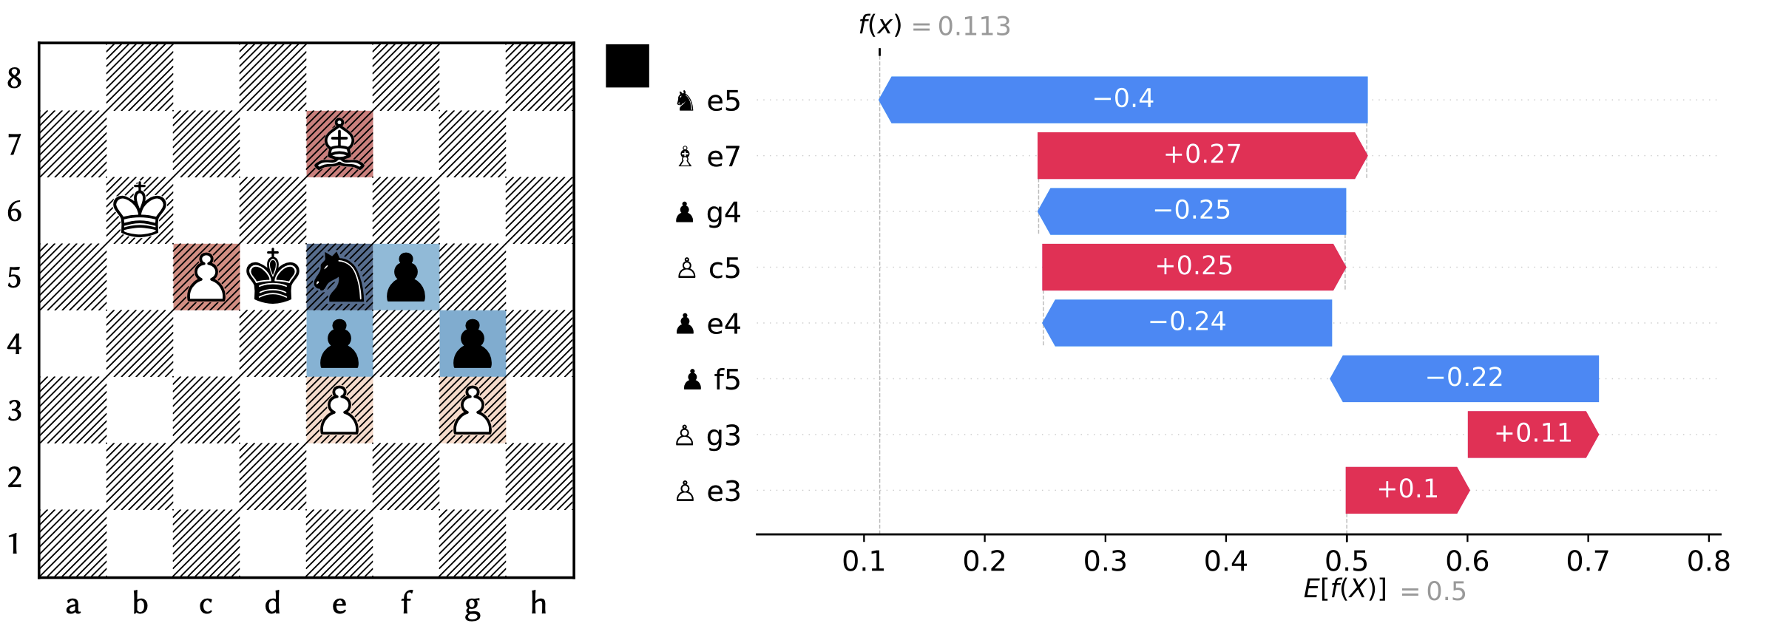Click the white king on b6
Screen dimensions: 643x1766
140,211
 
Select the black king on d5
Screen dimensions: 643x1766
273,277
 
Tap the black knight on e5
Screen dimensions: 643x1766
339,277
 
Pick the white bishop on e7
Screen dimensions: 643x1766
339,144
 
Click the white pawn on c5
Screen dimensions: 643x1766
206,277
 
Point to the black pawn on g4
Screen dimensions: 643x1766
473,344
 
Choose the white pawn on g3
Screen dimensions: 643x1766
473,410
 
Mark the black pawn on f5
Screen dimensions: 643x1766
406,277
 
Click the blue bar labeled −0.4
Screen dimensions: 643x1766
1123,99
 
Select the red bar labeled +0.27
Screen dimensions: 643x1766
1202,155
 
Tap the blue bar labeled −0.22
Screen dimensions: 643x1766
1464,378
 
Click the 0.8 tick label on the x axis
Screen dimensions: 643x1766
1708,562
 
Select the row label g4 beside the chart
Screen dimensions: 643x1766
723,213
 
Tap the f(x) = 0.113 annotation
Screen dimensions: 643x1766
934,26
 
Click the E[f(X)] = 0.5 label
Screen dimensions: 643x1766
1384,591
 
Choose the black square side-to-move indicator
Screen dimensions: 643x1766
627,66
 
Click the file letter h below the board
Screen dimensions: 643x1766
538,604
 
